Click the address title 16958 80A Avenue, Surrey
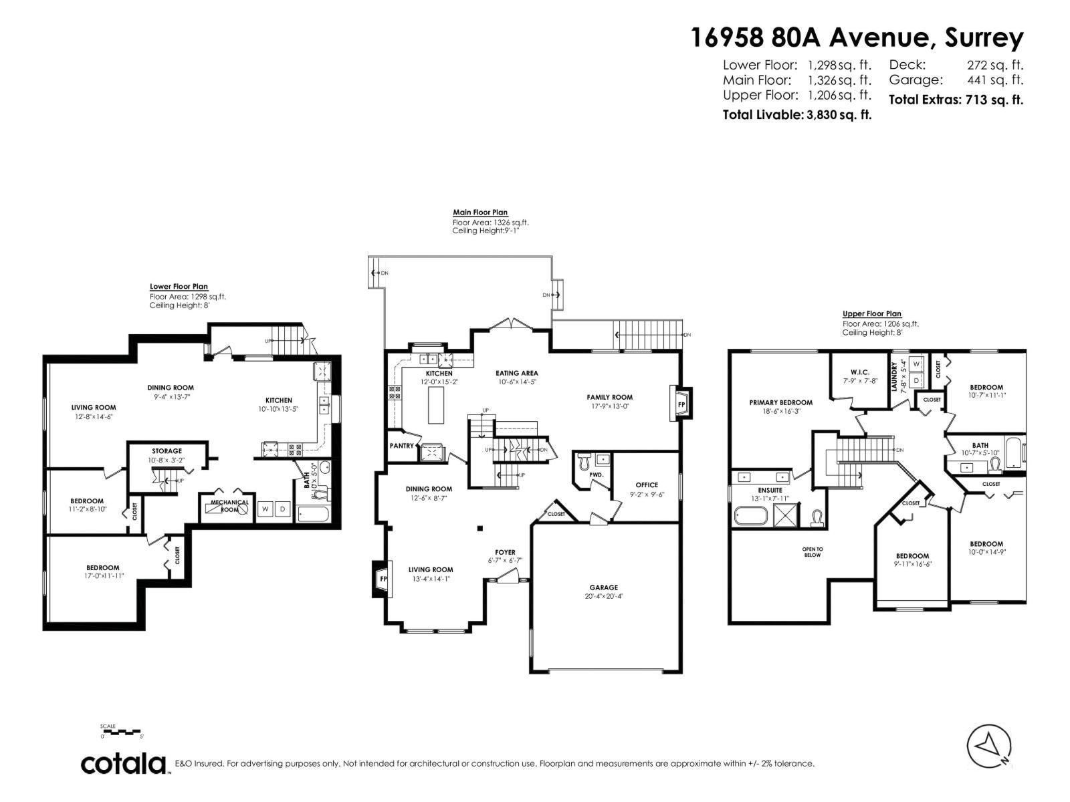856,37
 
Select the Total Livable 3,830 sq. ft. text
796,114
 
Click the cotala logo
124,763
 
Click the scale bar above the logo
121,732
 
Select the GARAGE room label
604,587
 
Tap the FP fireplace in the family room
681,405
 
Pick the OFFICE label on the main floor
647,485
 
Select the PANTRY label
403,446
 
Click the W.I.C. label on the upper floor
859,372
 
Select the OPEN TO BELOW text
813,552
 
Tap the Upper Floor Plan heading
871,313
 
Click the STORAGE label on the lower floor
167,451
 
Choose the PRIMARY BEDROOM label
780,402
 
